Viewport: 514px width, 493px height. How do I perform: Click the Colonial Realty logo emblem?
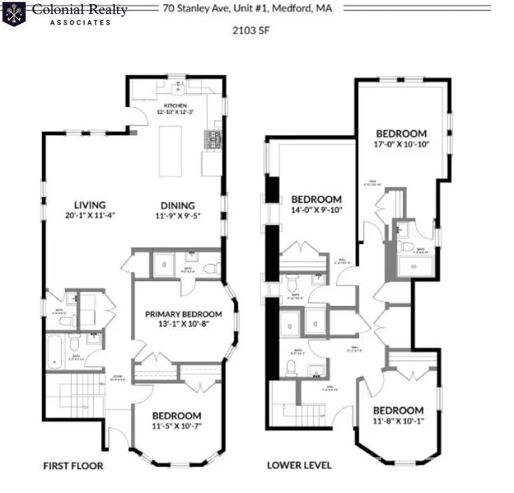tap(14, 13)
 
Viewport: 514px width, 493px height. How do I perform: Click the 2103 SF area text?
tap(251, 30)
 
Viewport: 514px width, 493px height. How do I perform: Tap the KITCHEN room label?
tap(176, 105)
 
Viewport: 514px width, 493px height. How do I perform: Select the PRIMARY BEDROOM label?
tap(183, 314)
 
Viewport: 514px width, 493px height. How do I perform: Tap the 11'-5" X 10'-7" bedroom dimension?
tap(176, 426)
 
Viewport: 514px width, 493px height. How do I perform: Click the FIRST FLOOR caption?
tap(73, 466)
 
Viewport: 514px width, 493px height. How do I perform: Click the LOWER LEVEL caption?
tap(299, 466)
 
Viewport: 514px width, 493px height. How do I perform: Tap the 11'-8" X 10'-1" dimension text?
tap(398, 421)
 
